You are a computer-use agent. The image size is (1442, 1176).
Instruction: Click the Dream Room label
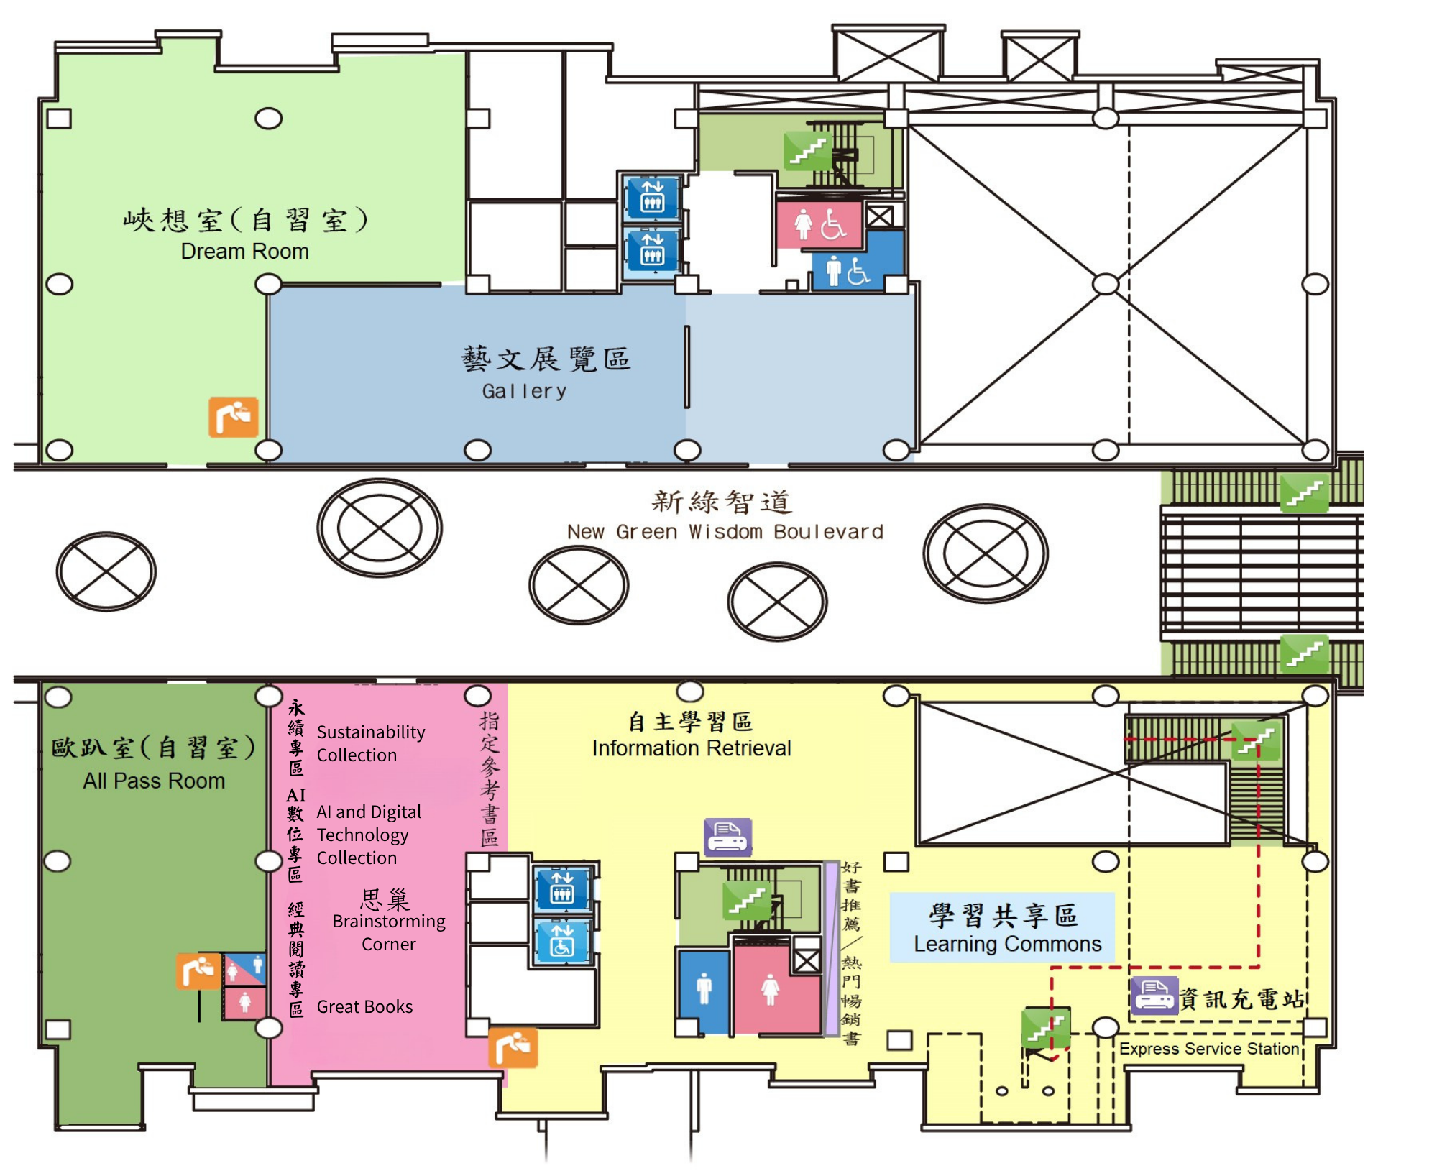point(244,252)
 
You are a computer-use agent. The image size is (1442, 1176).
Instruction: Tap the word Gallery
point(524,391)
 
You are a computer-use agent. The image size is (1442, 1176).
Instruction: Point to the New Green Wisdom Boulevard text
point(725,532)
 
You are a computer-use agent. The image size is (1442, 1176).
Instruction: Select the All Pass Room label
point(154,781)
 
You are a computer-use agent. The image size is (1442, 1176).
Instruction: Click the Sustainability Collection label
point(371,743)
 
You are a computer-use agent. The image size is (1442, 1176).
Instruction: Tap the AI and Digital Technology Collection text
point(369,835)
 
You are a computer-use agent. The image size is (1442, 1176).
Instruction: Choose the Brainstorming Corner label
point(389,932)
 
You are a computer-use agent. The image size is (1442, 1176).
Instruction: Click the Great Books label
point(364,1006)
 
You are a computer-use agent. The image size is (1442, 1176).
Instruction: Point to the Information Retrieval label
point(692,748)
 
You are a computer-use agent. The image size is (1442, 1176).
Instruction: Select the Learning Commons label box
point(1002,927)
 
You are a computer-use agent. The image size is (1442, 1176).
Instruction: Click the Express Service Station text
point(1209,1049)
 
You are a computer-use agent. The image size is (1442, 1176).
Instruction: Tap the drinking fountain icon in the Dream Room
point(234,417)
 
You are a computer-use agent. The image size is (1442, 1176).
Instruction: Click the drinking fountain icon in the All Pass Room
point(199,971)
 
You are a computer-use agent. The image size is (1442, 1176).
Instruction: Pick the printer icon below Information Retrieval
point(727,837)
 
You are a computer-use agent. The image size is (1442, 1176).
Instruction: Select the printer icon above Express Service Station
point(1154,996)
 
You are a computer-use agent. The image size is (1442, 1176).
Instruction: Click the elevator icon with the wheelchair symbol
point(563,941)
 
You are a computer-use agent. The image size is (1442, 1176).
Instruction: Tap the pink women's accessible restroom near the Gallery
point(819,224)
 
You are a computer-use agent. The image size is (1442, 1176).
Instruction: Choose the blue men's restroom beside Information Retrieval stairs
point(704,991)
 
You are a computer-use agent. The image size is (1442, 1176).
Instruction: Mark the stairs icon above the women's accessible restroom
point(808,151)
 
